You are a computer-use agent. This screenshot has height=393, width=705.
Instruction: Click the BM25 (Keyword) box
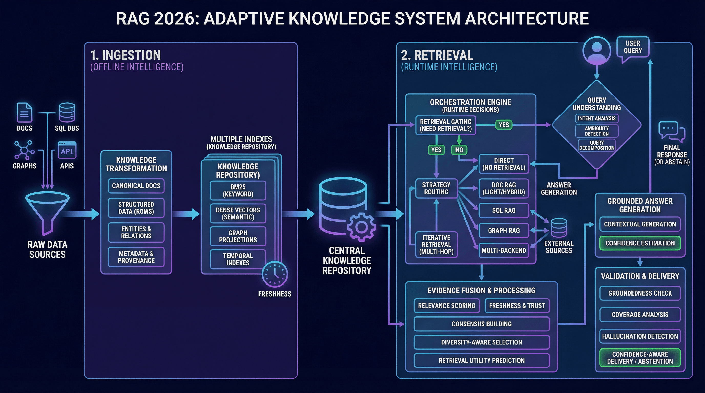tap(238, 191)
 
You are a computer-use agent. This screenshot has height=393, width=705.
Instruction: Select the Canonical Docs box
tap(136, 186)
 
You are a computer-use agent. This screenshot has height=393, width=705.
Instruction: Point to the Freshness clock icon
tap(275, 274)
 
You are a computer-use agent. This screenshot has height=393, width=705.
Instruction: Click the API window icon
tap(67, 150)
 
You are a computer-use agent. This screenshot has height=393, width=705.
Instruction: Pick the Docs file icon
tap(24, 112)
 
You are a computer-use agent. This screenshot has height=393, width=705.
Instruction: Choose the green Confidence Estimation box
tap(640, 243)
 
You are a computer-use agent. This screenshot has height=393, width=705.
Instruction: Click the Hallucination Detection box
tap(640, 336)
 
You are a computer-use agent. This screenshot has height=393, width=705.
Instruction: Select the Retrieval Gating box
tap(445, 125)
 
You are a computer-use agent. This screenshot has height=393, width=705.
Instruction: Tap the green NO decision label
tap(459, 150)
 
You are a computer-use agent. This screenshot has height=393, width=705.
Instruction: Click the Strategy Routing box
tap(436, 188)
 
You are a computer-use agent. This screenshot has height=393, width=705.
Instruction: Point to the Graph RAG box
tap(504, 230)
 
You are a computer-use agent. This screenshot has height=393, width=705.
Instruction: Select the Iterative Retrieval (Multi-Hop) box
tap(436, 245)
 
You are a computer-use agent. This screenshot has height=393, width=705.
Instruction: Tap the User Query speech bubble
tap(633, 47)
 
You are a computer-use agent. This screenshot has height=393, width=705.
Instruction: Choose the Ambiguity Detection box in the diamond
tap(597, 131)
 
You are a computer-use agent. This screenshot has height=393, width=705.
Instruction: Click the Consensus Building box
tap(481, 324)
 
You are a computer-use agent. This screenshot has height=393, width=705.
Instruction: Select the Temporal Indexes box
tap(238, 259)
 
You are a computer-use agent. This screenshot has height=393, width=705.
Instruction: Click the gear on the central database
tap(361, 227)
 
